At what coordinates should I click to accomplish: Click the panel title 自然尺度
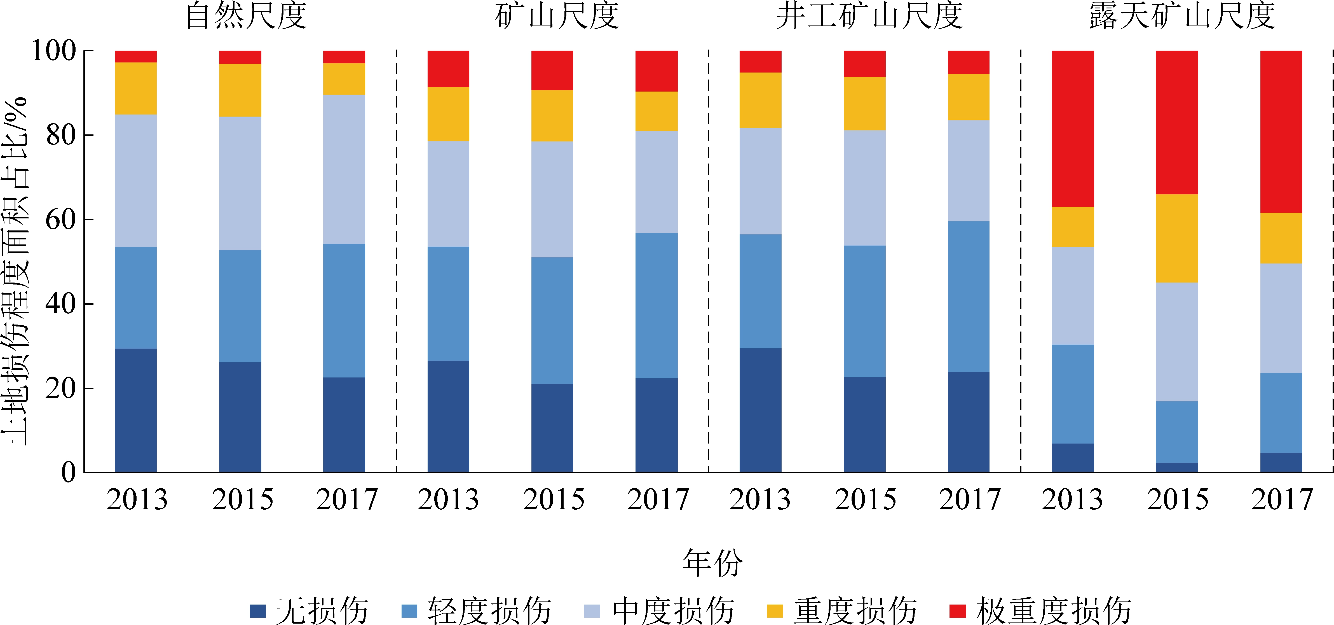[247, 16]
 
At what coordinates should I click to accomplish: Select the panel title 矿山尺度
[557, 16]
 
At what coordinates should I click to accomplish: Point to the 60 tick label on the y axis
[61, 220]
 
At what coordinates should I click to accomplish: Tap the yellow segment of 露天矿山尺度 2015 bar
[1177, 238]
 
